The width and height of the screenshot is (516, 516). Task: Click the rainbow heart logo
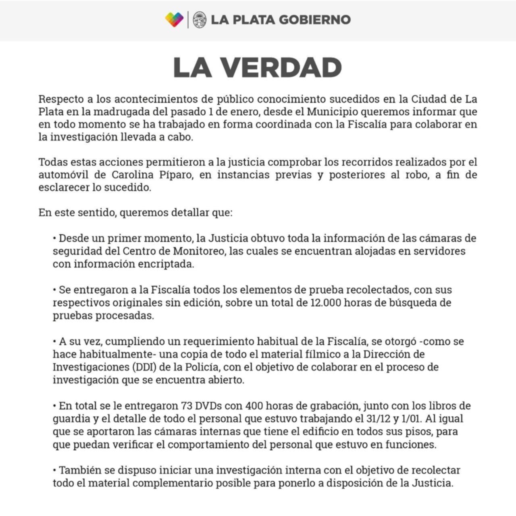(174, 19)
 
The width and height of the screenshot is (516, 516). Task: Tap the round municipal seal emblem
(200, 19)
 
